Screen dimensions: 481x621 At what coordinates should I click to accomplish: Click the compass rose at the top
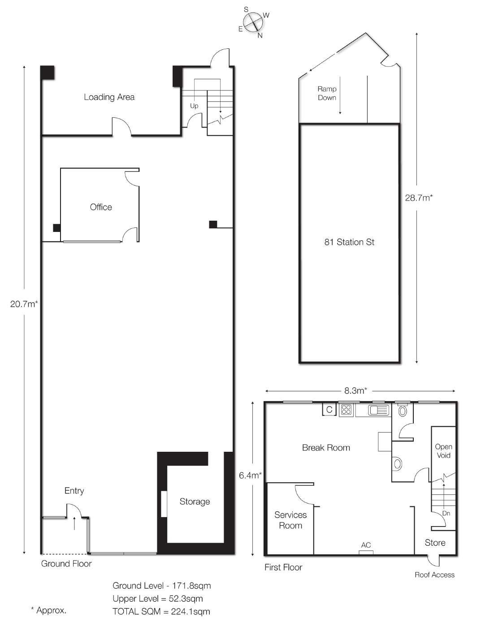[253, 22]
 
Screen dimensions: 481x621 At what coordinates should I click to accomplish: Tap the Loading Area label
[109, 97]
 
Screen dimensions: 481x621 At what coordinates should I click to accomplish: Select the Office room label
[101, 207]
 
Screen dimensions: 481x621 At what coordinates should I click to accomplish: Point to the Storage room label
[195, 501]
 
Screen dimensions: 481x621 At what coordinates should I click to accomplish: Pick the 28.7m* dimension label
[419, 198]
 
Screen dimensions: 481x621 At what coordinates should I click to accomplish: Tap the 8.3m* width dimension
[355, 390]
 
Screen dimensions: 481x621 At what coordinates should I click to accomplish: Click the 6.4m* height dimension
[251, 475]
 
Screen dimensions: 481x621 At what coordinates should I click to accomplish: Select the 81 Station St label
[349, 242]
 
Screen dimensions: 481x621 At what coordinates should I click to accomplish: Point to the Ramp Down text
[327, 93]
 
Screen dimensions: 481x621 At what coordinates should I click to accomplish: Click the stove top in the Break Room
[346, 410]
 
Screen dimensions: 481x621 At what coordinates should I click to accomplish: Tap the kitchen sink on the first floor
[378, 410]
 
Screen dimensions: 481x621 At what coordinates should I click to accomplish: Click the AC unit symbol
[366, 552]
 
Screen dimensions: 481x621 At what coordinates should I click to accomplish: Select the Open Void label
[443, 451]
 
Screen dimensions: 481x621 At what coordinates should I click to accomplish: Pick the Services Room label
[290, 520]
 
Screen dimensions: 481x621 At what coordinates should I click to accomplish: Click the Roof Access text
[434, 575]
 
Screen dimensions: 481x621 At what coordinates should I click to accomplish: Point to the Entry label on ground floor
[74, 491]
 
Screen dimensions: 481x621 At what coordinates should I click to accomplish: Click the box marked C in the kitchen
[329, 410]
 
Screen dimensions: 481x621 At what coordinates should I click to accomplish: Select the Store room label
[435, 543]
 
